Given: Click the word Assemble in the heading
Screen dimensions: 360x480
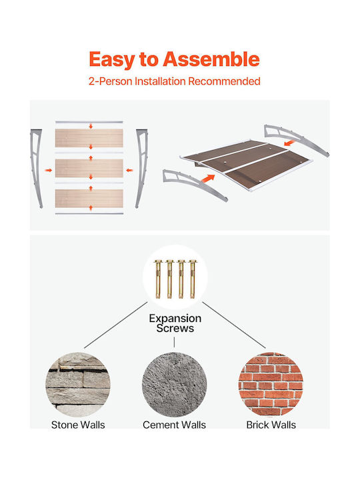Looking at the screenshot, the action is coord(211,59).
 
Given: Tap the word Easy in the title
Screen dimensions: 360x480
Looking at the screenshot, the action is coord(112,60).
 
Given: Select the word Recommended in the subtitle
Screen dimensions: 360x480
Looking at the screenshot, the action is coord(224,81).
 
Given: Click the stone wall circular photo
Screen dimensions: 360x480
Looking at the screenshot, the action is coord(78,385).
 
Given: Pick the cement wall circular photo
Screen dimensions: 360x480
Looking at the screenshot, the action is coord(174,385).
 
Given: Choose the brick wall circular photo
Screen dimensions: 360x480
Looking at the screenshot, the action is coord(271,385).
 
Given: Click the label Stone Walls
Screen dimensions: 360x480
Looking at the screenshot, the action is coord(78,425).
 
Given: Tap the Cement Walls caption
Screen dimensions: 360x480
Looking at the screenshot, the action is coord(174,425).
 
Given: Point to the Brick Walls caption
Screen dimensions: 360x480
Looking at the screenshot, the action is coord(271,425).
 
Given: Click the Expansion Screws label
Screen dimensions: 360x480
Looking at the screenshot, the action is coord(175,323).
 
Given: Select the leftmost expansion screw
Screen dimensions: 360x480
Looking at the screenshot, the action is coord(158,279).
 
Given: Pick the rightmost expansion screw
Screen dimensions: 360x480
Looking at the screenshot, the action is coord(192,279).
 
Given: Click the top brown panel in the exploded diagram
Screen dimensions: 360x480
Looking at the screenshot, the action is coord(89,138).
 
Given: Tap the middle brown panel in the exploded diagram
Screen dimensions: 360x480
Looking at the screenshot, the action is coord(89,168).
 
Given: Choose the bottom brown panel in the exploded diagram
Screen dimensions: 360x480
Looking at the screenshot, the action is coord(89,199).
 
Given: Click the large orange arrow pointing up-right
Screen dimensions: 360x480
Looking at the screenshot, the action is coord(208,178).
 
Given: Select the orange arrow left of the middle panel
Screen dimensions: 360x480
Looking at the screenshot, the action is coord(49,170).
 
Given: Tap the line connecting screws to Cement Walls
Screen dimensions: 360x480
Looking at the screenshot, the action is coord(174,342).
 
